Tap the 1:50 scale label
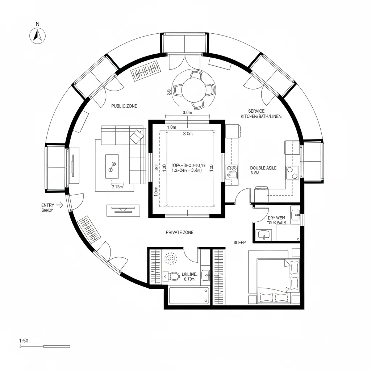tap(24, 340)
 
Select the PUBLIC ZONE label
tap(124, 106)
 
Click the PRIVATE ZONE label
tap(179, 232)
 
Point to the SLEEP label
tap(239, 243)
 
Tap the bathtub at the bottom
tap(189, 295)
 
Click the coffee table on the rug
tap(112, 166)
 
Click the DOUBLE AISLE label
tap(263, 168)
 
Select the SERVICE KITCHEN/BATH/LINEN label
tap(261, 114)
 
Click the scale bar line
tap(45, 347)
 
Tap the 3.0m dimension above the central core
tap(187, 113)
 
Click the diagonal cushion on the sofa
tap(136, 137)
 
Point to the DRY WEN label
tap(276, 218)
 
